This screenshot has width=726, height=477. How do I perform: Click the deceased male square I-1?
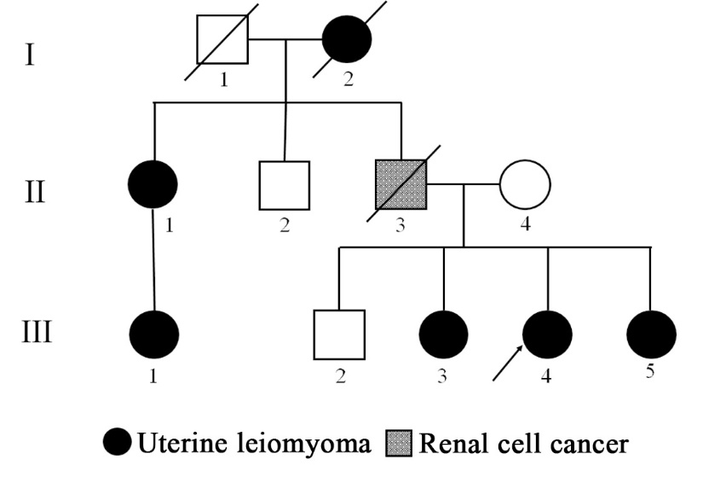click(x=222, y=39)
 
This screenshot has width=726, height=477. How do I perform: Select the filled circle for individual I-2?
click(x=346, y=39)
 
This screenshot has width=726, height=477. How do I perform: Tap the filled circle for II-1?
click(x=153, y=184)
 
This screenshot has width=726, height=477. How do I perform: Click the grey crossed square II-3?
click(x=401, y=184)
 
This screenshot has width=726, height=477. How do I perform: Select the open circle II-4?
click(x=525, y=184)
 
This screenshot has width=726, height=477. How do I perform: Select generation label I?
click(x=31, y=57)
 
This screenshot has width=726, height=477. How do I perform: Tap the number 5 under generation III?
click(x=652, y=372)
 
